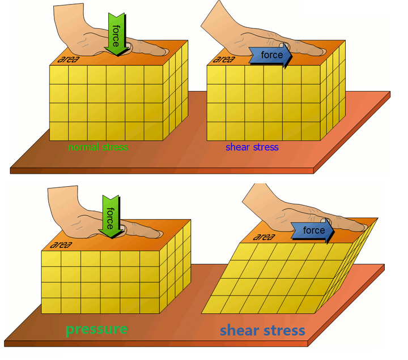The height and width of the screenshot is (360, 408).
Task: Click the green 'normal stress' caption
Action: (97, 147)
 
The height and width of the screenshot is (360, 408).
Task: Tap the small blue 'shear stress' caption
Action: (252, 147)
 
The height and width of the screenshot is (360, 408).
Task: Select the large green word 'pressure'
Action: (96, 329)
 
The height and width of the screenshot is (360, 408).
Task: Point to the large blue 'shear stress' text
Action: (262, 331)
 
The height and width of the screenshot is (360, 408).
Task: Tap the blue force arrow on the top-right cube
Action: (270, 55)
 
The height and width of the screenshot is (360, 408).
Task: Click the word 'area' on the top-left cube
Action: (69, 59)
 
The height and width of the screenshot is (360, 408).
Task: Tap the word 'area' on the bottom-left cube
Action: (61, 245)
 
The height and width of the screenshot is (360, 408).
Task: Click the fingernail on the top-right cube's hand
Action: (286, 45)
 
